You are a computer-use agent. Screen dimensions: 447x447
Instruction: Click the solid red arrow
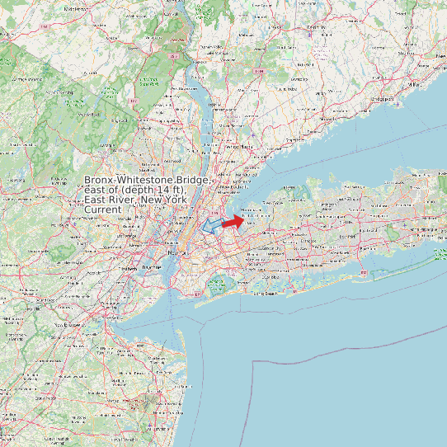233,220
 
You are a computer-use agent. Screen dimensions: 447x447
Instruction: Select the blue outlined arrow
212,224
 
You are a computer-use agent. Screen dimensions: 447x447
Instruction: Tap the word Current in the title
103,210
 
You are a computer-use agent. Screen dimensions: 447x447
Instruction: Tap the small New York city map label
174,253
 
